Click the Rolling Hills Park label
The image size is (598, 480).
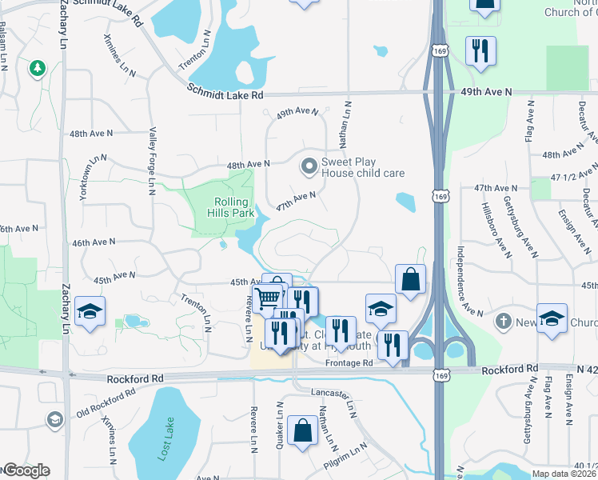(x=232, y=208)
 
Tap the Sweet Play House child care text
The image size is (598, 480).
(x=362, y=167)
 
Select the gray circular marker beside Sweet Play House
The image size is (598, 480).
(x=308, y=167)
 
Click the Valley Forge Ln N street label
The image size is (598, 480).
(x=151, y=160)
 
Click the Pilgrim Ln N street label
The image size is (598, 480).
(x=345, y=458)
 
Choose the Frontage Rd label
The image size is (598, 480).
(x=349, y=362)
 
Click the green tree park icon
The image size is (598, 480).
(x=37, y=69)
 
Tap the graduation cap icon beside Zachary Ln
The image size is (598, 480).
(x=90, y=311)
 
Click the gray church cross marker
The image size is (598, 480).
(x=503, y=322)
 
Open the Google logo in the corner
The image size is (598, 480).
(x=26, y=470)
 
